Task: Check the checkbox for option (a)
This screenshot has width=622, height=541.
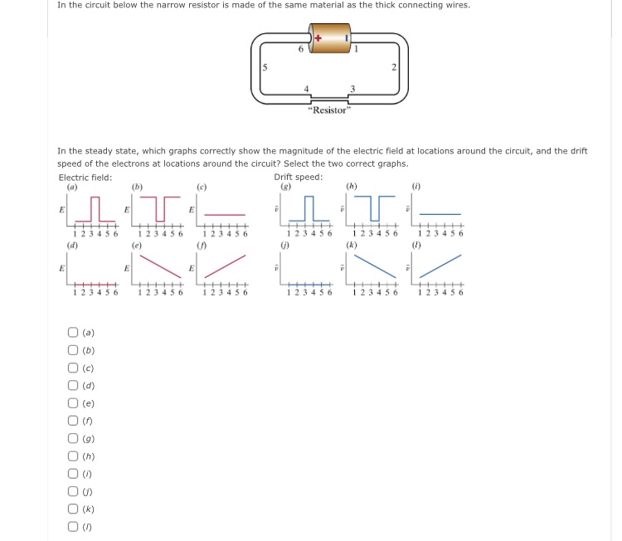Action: click(x=73, y=333)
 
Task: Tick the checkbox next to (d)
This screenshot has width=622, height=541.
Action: click(x=73, y=386)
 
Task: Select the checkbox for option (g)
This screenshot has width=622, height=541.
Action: click(x=73, y=439)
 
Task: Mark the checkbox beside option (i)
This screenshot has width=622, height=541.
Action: click(x=73, y=475)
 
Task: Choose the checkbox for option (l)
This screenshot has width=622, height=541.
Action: click(x=73, y=528)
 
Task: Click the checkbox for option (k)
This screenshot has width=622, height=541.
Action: click(x=73, y=510)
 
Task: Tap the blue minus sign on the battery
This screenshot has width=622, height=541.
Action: click(x=347, y=37)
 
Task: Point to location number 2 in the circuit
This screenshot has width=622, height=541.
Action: click(x=395, y=66)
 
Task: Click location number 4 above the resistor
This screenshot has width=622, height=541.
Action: click(x=306, y=89)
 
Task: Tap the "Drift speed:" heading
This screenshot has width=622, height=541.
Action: click(x=298, y=177)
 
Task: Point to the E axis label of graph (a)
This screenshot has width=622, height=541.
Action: click(x=61, y=211)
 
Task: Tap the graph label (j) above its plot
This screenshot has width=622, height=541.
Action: click(x=284, y=245)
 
